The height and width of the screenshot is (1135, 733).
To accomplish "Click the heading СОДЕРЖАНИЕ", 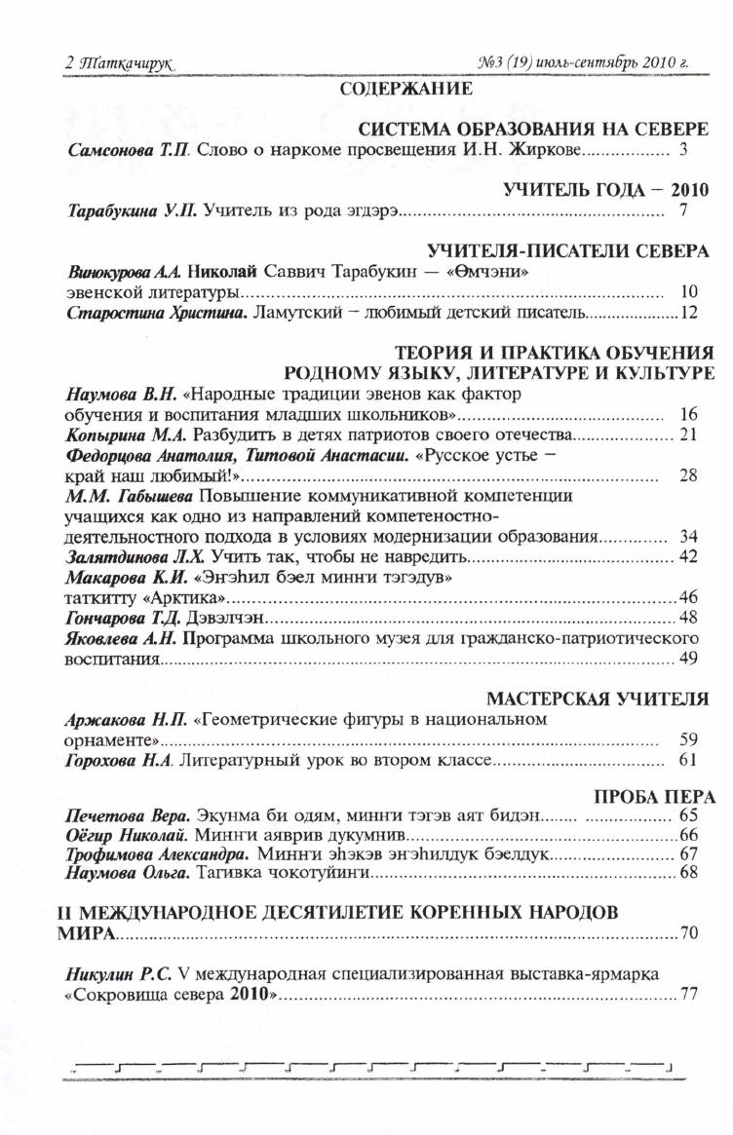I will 406,90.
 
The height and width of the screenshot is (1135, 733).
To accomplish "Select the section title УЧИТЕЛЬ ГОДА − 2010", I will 606,189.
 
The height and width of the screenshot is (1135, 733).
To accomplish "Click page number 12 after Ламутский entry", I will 690,313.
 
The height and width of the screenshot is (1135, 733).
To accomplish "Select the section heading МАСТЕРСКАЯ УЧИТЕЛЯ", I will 597,699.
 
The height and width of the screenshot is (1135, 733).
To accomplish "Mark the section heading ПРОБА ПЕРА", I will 654,797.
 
